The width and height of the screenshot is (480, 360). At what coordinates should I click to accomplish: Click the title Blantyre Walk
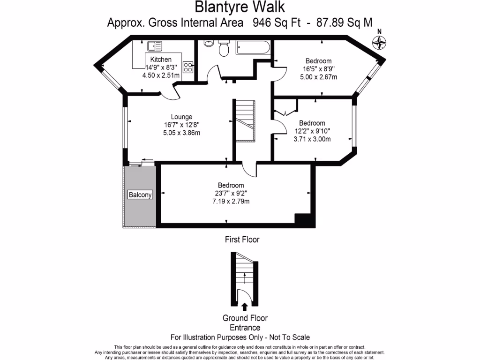pos(239,7)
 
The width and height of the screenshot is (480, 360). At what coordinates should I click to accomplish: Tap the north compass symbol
pos(380,43)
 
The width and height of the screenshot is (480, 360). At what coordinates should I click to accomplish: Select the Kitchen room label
pos(161,60)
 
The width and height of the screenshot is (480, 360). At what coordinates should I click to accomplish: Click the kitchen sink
pos(154,46)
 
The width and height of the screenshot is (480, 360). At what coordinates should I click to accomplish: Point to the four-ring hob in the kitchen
pos(188,67)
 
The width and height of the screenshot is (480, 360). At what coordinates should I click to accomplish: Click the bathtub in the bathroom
pos(253,47)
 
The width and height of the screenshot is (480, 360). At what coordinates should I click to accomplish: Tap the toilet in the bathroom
pos(224,47)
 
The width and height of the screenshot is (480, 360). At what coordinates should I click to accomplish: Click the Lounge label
pos(181,117)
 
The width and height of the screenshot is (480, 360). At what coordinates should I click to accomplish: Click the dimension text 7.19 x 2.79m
pos(230,202)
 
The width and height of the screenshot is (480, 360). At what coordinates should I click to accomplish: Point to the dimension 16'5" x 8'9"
pos(318,69)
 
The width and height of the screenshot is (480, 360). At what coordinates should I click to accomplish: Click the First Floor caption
pos(242,240)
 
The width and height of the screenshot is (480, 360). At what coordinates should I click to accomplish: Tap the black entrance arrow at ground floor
pos(244,307)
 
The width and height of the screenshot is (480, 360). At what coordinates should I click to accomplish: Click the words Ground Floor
pos(245,319)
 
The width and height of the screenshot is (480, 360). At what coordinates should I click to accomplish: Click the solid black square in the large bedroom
pos(302,219)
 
